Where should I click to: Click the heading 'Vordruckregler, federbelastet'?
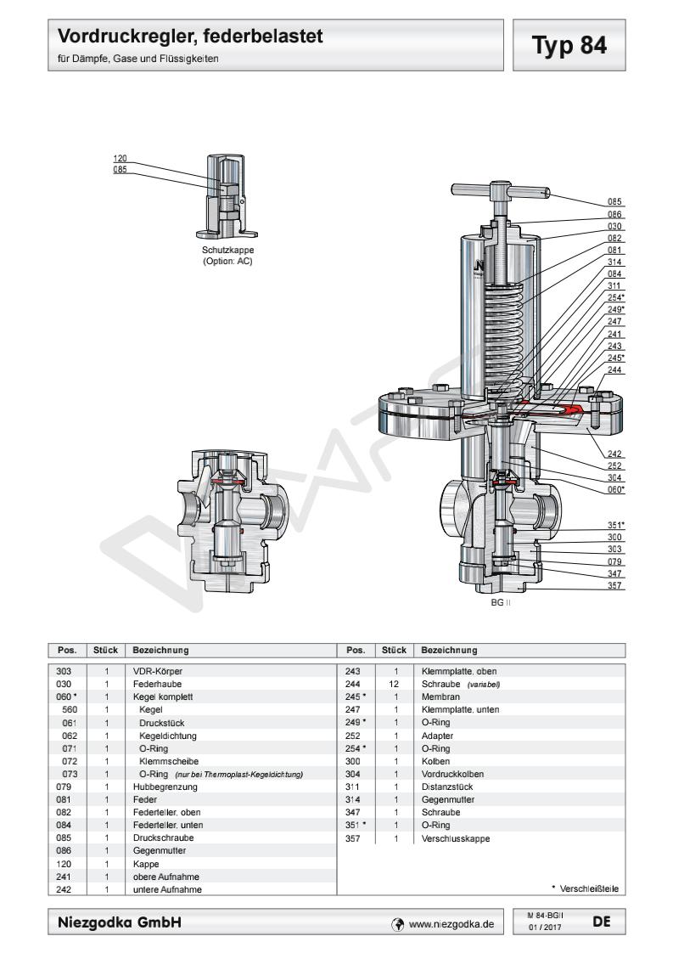click(x=191, y=37)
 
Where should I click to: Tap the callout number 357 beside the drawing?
click(x=615, y=585)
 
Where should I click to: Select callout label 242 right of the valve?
click(x=615, y=454)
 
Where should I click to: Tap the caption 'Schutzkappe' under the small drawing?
click(x=228, y=251)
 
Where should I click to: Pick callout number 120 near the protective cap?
click(x=120, y=159)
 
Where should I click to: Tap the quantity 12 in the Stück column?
click(x=395, y=683)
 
